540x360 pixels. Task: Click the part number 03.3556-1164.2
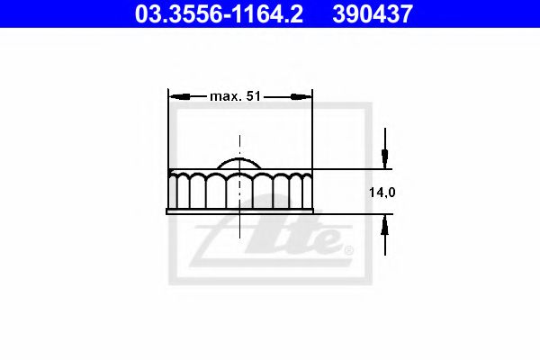[x=219, y=13]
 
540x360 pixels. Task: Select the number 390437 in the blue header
[x=373, y=13]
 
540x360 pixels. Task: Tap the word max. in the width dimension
[x=226, y=97]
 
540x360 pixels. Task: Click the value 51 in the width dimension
[x=254, y=96]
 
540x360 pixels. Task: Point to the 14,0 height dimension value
[x=382, y=193]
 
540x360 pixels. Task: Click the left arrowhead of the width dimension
[x=180, y=97]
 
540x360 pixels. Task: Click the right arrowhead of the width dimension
[x=301, y=97]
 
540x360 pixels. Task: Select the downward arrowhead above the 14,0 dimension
[x=385, y=158]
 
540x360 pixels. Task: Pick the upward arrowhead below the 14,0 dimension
[x=385, y=225]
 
